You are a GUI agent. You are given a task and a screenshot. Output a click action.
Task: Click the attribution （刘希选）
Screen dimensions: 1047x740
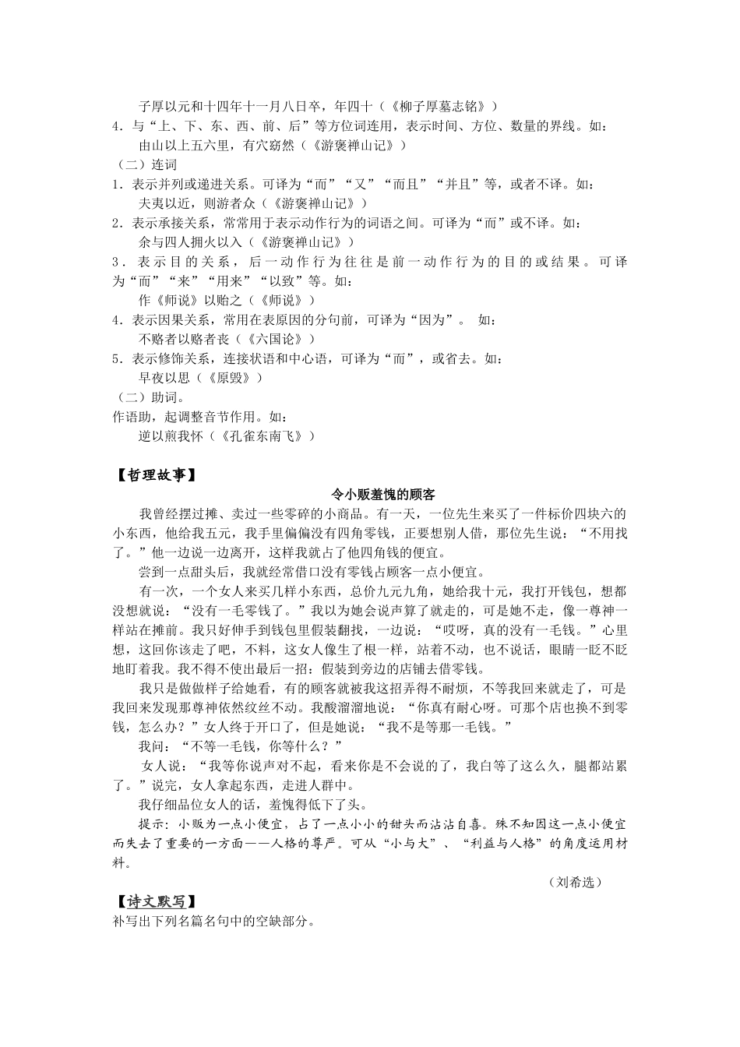[x=575, y=882]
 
